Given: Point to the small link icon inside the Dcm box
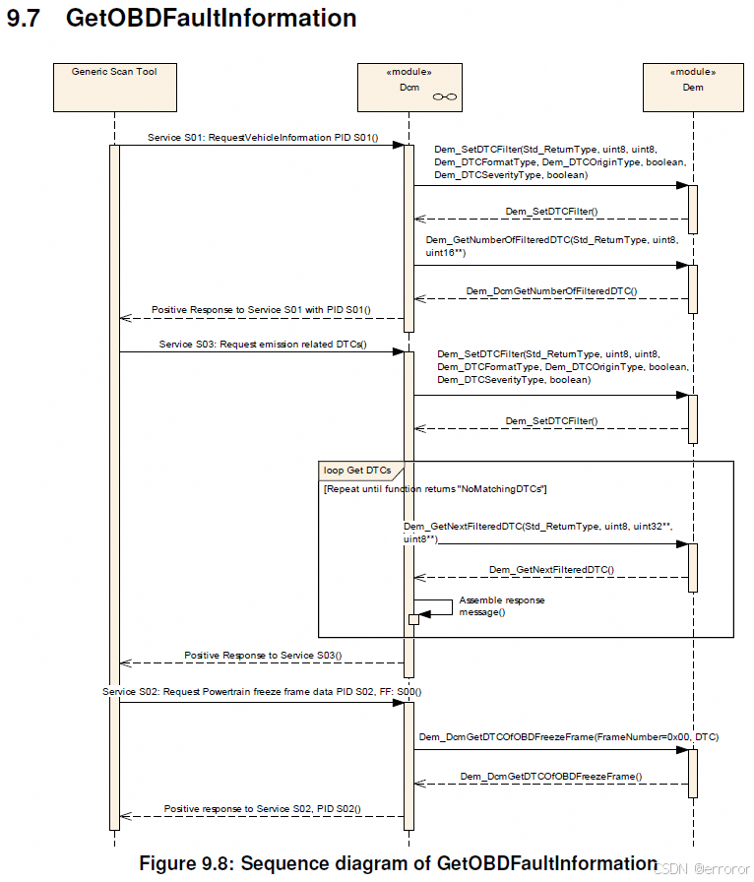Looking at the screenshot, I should pyautogui.click(x=444, y=96).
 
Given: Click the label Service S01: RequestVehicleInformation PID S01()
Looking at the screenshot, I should pyautogui.click(x=262, y=138).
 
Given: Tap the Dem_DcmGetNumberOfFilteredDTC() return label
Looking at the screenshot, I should pyautogui.click(x=551, y=291).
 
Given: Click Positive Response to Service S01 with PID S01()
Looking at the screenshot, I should pyautogui.click(x=261, y=310).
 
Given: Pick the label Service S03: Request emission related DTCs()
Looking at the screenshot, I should pyautogui.click(x=262, y=345).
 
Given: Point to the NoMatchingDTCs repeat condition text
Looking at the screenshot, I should pyautogui.click(x=435, y=489).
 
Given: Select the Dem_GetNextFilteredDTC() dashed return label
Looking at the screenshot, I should pyautogui.click(x=551, y=569).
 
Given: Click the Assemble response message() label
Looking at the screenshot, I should pyautogui.click(x=501, y=605).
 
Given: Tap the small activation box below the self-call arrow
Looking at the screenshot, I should pyautogui.click(x=413, y=619).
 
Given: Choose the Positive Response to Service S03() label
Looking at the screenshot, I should pyautogui.click(x=263, y=655).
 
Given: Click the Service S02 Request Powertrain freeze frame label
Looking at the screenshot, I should pyautogui.click(x=248, y=692).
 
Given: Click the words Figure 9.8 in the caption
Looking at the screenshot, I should pyautogui.click(x=182, y=863).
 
